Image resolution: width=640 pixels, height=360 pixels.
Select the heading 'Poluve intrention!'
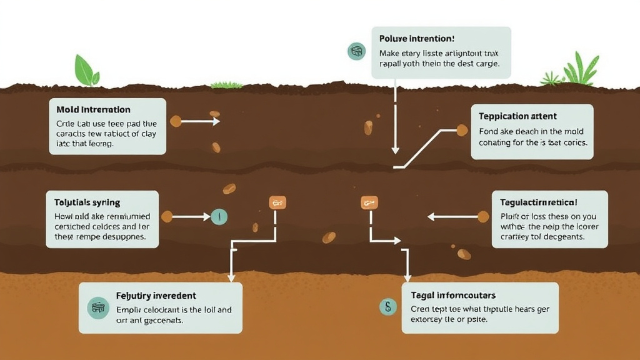click(416, 39)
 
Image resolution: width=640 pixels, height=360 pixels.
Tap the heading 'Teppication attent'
click(517, 116)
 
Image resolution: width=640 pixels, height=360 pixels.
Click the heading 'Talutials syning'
click(83, 202)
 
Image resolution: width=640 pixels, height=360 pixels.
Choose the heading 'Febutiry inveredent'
click(156, 295)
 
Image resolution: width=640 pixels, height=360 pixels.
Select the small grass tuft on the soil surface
click(226, 84)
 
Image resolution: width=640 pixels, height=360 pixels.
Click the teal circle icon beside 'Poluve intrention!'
click(356, 51)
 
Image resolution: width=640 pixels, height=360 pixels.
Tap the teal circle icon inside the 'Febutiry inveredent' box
click(99, 307)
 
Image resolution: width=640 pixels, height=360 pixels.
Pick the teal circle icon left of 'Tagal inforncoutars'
click(388, 306)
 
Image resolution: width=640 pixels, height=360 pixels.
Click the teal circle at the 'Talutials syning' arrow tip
click(219, 217)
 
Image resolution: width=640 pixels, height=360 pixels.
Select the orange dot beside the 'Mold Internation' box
click(176, 121)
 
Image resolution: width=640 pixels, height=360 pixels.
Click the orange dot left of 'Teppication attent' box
click(462, 130)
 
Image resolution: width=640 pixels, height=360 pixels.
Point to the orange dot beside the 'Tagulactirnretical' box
click(482, 217)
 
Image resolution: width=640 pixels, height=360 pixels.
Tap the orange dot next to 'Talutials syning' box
click(167, 217)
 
